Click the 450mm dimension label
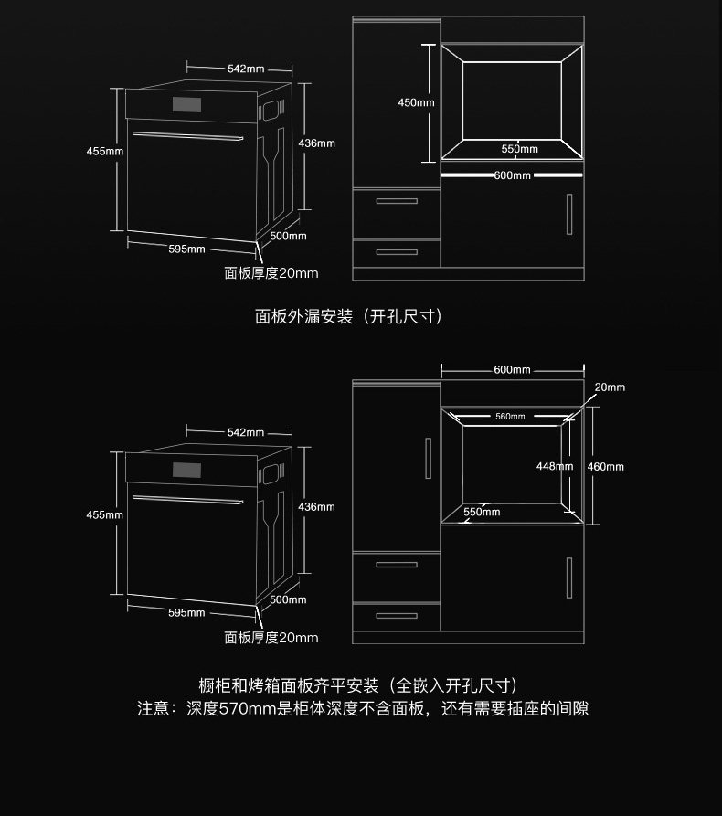coord(416,102)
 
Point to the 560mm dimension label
coord(510,417)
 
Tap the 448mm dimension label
coord(555,466)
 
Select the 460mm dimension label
coord(605,467)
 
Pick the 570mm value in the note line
coord(239,709)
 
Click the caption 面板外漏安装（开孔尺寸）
coord(349,316)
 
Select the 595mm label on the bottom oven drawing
coord(186,612)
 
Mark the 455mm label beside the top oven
coord(104,151)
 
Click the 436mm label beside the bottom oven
coord(317,506)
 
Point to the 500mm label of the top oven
coord(288,236)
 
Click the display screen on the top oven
coord(186,105)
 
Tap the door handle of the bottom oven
coord(186,499)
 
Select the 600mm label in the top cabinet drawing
coord(512,175)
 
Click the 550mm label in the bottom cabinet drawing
coord(482,512)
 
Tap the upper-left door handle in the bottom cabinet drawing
coord(428,457)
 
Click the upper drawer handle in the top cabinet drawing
coord(397,201)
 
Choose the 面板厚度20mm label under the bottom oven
coord(271,637)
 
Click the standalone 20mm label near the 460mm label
coord(610,387)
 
